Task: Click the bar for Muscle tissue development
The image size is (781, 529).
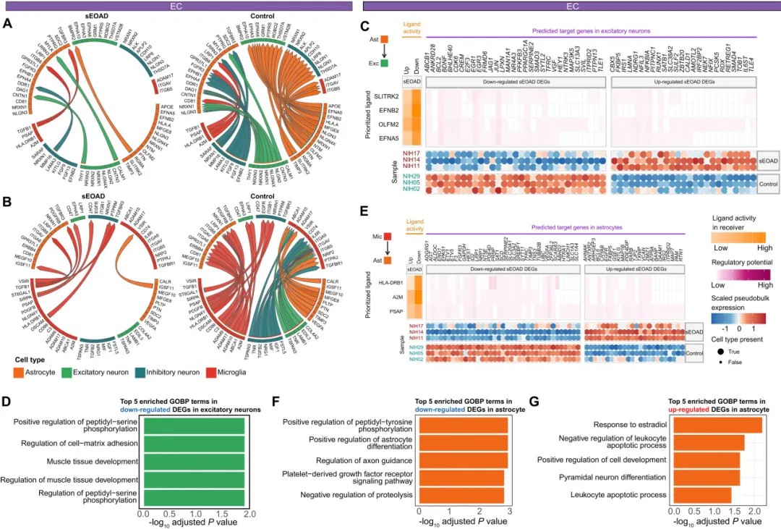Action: [x=195, y=461]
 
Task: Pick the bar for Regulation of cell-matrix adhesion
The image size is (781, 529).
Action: [x=195, y=442]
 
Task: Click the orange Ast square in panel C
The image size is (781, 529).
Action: [x=385, y=38]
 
